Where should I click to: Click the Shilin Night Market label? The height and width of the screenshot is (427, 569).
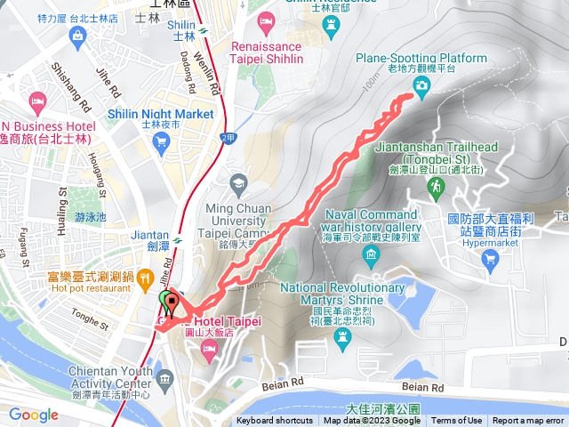coord(160,114)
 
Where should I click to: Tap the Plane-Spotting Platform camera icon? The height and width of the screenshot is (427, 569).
coord(421,85)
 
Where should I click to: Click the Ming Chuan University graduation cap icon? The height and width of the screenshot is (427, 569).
coord(237,184)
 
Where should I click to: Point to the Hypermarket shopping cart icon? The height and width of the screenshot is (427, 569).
coord(489,258)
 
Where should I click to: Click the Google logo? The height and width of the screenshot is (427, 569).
coord(34,415)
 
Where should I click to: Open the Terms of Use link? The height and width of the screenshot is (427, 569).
coord(457,421)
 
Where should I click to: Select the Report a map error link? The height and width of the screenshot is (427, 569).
coord(529,421)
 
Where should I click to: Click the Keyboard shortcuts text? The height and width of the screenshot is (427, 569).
coord(275,421)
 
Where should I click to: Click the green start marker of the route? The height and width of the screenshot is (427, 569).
coord(164,302)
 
